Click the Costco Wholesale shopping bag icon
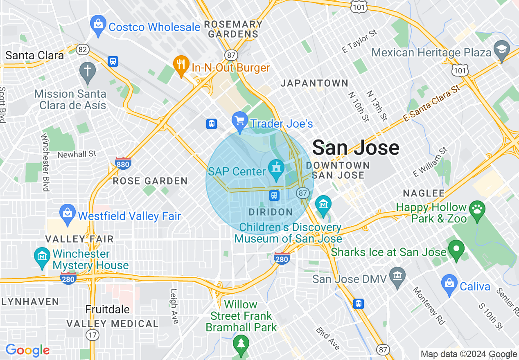point(98,24)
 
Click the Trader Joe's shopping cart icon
point(240,120)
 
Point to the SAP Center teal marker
point(276,169)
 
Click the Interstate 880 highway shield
point(123,164)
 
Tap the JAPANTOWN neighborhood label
point(314,83)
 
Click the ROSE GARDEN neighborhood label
point(150,181)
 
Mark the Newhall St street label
point(77,154)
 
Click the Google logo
point(27,350)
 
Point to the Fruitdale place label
point(108,309)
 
